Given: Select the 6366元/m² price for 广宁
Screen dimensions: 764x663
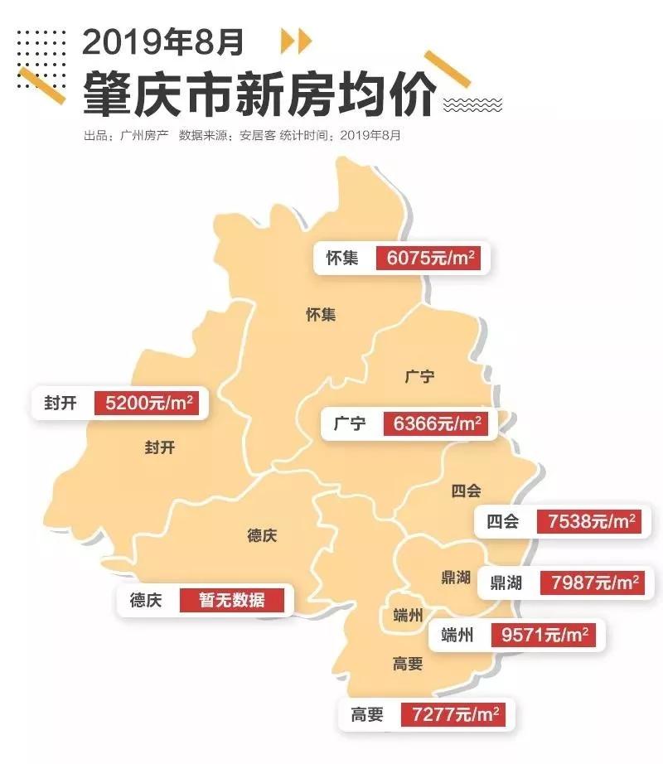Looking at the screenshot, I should (435, 424).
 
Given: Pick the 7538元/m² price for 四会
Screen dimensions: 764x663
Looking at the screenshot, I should (591, 521).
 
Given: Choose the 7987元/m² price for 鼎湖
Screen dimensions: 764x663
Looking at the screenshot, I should (595, 583).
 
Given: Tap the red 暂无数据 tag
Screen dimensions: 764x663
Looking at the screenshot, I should (232, 599).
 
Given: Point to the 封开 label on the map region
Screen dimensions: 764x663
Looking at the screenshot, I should (160, 447).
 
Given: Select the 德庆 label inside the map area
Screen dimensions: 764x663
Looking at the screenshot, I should (262, 535).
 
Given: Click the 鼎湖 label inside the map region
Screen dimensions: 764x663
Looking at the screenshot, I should (455, 578).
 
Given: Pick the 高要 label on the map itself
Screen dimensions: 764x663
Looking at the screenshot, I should (409, 663).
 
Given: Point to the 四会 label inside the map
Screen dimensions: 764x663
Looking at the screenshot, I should (466, 491).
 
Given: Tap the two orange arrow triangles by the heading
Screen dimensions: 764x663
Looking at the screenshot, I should (296, 41).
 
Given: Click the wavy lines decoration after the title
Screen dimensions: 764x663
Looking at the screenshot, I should (473, 104).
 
